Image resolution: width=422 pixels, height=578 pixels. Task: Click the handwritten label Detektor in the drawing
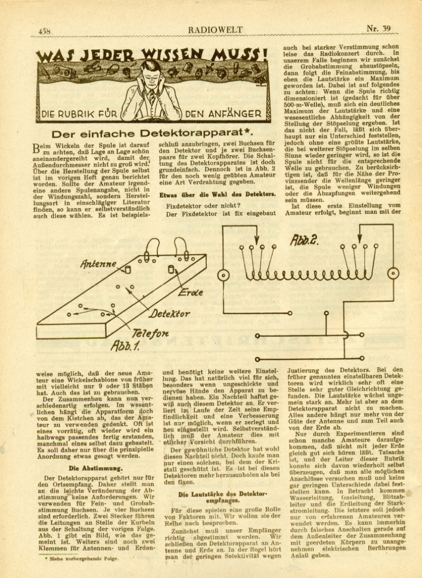click(169, 314)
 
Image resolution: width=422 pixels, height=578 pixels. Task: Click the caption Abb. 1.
click(124, 346)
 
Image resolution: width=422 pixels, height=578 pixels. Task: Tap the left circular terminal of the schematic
click(224, 274)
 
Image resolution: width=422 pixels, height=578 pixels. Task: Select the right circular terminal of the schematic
click(393, 273)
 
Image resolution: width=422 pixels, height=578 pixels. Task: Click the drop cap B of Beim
click(37, 147)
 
